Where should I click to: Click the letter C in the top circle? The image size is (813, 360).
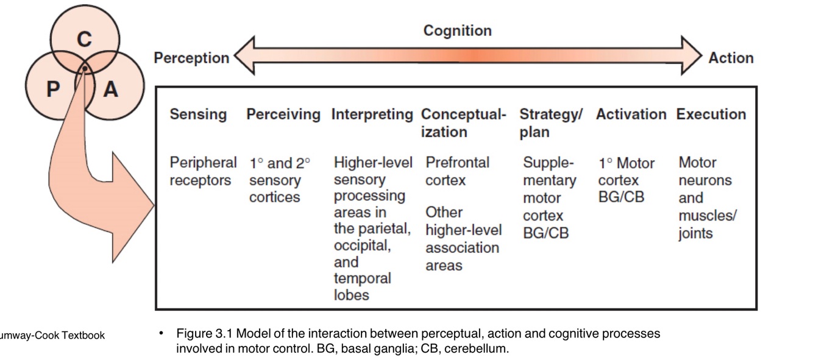[x=84, y=40]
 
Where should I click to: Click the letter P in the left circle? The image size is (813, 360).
[x=53, y=90]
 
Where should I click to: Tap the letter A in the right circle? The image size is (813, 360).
[x=110, y=90]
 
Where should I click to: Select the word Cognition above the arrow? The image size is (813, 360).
[x=457, y=30]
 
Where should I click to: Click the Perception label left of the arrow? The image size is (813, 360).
[x=191, y=58]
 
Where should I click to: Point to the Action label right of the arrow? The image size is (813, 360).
[x=731, y=58]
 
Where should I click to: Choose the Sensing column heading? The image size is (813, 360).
[x=198, y=115]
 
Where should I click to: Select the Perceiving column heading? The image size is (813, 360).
[x=283, y=115]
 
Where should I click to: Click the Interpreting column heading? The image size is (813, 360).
[x=372, y=115]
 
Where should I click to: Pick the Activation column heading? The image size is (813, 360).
[x=631, y=115]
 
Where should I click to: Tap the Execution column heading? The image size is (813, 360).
[x=711, y=115]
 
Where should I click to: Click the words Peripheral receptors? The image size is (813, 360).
[x=203, y=172]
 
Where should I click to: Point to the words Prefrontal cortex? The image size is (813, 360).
[x=457, y=172]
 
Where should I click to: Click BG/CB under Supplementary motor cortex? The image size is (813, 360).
[x=545, y=233]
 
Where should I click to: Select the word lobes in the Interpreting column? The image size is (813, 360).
[x=352, y=295]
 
